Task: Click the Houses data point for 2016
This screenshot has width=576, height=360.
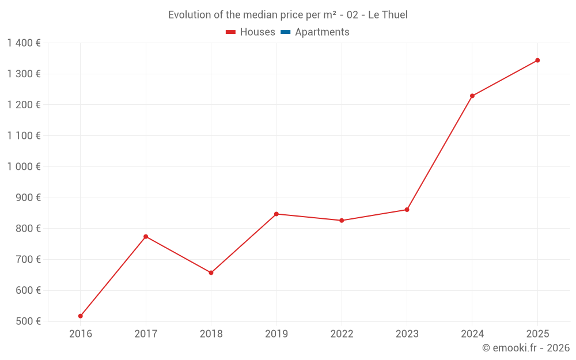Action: pos(81,316)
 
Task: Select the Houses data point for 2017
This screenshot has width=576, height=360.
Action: pos(146,237)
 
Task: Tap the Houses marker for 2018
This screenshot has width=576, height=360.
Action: pos(211,273)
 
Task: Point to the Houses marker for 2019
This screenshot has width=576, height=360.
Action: pos(276,214)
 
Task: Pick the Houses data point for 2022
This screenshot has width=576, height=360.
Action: pos(342,221)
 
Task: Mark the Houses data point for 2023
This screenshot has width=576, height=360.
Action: pos(407,210)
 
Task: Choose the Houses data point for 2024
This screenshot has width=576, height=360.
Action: pos(472,96)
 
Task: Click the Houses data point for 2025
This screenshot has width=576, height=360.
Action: pos(537,60)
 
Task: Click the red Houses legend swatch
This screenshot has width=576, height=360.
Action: pos(231,32)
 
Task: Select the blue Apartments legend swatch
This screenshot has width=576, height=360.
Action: pos(285,32)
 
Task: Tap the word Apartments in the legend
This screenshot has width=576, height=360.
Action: pos(322,32)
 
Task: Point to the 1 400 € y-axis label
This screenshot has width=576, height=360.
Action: pos(24,43)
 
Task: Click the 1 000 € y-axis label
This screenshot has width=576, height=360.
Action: pos(24,166)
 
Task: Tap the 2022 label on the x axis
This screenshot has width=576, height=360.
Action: pos(342,334)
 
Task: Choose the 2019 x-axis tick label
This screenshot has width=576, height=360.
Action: pos(276,334)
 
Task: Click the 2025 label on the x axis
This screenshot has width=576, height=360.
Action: pos(537,334)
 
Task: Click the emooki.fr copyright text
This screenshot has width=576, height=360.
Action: pos(526,348)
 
